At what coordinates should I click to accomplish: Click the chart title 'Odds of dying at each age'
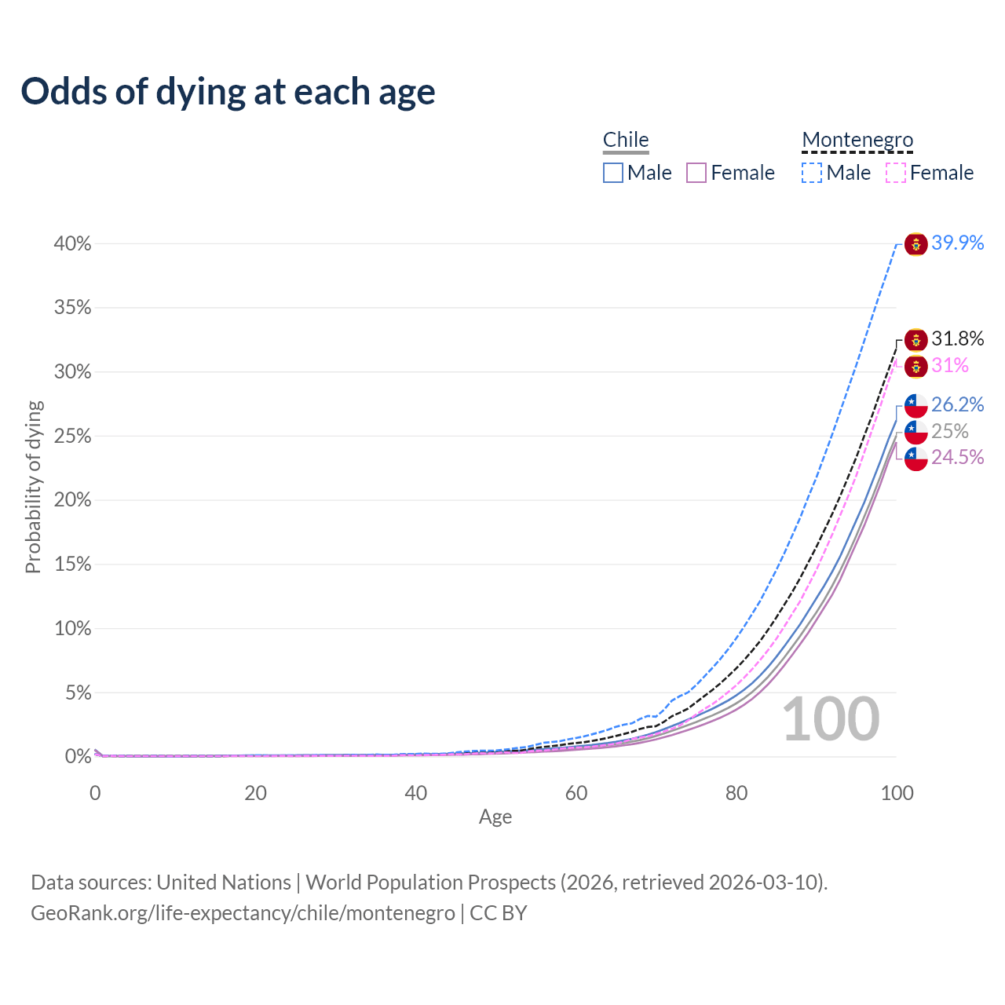click(228, 92)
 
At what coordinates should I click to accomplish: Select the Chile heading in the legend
click(626, 140)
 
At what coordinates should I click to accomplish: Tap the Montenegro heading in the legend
click(857, 140)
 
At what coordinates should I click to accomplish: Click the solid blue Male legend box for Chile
click(613, 173)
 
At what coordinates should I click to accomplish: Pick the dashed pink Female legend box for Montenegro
click(896, 173)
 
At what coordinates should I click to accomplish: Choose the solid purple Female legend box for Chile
click(696, 173)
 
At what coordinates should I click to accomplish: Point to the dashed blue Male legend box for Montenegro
click(812, 173)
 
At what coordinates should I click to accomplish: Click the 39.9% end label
click(957, 243)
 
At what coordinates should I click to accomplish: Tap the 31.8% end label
click(957, 339)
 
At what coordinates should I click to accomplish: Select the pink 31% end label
click(950, 366)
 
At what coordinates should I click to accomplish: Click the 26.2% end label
click(957, 405)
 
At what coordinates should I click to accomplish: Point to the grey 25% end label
click(950, 432)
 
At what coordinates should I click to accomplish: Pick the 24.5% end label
click(957, 458)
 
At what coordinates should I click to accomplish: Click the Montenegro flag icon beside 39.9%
click(915, 244)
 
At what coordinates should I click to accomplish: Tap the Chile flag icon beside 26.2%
click(915, 406)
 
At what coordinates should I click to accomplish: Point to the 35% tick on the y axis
click(73, 308)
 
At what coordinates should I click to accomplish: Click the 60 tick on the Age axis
click(576, 793)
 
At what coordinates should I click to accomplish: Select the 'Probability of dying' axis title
click(33, 487)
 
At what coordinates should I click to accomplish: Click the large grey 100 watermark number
click(831, 719)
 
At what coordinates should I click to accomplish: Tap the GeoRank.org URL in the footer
click(243, 913)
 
